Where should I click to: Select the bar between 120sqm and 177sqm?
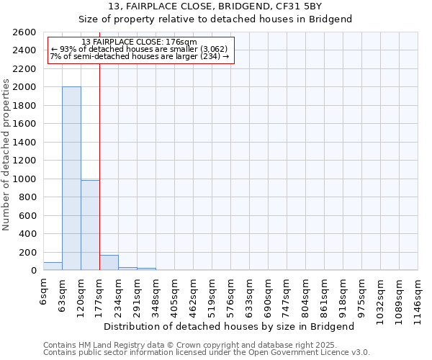90,225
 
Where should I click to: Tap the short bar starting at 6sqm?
53,266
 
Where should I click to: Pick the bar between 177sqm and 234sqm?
109,263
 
